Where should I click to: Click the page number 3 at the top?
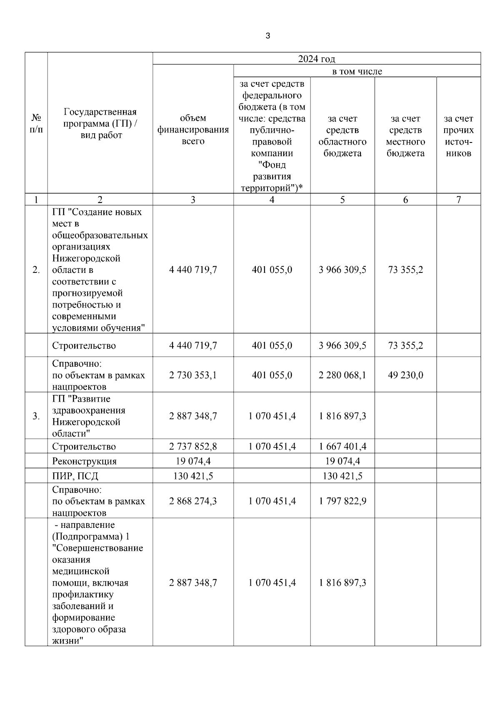(267, 36)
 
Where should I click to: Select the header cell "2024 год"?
(316, 59)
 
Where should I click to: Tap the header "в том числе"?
(357, 71)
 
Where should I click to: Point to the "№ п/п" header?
(36, 124)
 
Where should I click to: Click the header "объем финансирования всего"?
(193, 130)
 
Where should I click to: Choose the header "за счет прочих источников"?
(458, 136)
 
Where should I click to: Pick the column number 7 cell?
(458, 200)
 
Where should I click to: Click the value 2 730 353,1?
(193, 375)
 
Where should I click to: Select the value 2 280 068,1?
(342, 375)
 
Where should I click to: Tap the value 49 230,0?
(405, 375)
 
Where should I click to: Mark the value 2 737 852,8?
(193, 447)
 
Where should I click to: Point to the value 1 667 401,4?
(342, 447)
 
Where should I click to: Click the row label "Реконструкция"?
(84, 461)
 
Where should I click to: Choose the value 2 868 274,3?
(193, 501)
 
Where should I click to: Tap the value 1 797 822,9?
(342, 501)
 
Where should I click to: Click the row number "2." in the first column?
(36, 270)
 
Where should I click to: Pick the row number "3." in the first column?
(36, 416)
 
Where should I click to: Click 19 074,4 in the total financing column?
(193, 461)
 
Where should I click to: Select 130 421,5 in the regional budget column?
(342, 476)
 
